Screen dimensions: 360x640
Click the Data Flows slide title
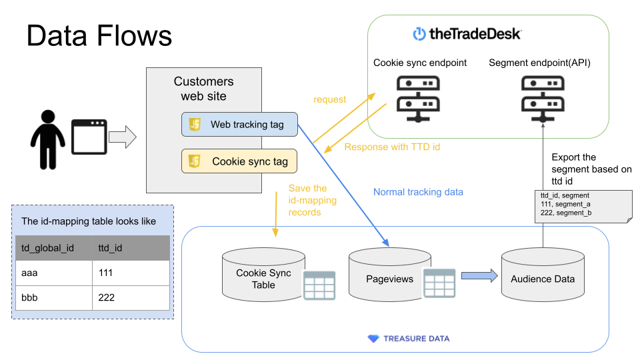pyautogui.click(x=99, y=35)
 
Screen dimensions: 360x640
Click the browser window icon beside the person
pyautogui.click(x=89, y=137)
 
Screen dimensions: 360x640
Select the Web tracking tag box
pyautogui.click(x=239, y=125)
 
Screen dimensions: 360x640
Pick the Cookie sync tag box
pyautogui.click(x=239, y=161)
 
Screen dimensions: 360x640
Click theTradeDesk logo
pyautogui.click(x=467, y=33)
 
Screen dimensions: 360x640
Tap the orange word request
pyautogui.click(x=330, y=99)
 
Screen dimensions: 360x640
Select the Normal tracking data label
pyautogui.click(x=418, y=192)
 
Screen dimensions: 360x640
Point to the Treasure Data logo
pyautogui.click(x=409, y=339)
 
